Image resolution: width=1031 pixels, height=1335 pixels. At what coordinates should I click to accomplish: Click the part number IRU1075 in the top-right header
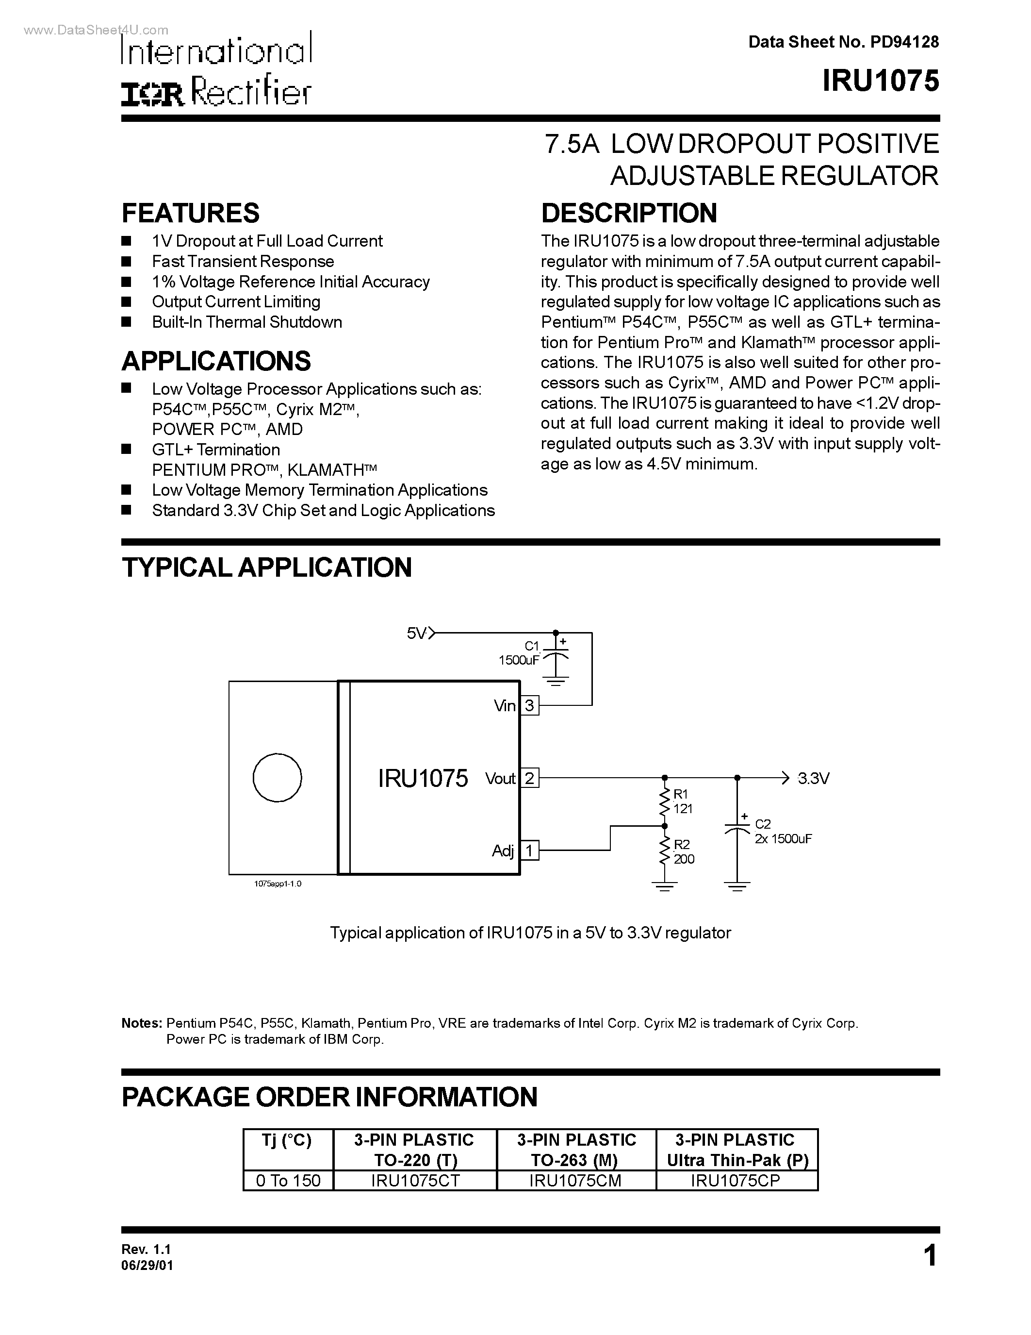(x=880, y=81)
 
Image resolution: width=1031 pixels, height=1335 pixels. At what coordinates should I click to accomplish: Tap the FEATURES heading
(x=191, y=213)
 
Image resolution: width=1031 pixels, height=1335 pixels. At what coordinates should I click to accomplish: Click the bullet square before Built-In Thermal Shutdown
(x=127, y=322)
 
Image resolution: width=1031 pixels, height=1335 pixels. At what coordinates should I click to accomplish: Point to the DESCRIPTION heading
(x=629, y=213)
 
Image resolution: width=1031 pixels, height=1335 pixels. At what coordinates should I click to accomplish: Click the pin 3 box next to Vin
(x=529, y=706)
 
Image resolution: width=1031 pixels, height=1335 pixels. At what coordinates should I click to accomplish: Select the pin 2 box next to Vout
(x=529, y=778)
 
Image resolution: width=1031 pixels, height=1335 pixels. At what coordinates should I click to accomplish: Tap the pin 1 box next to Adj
(x=529, y=850)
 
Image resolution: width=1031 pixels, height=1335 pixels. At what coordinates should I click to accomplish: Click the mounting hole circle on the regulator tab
(x=278, y=778)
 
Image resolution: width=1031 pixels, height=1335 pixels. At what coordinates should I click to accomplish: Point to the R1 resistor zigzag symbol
(x=665, y=802)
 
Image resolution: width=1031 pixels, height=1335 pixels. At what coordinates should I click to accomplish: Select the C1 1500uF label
(x=519, y=653)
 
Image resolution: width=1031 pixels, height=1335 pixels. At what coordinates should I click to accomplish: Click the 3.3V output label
(x=814, y=779)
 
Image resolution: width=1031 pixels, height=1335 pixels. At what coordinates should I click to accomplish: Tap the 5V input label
(x=417, y=633)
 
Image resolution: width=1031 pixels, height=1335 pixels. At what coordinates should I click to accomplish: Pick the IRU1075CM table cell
(x=576, y=1180)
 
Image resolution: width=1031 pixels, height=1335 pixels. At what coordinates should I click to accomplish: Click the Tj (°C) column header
(x=287, y=1140)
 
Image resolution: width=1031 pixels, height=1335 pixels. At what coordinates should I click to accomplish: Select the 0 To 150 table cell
(x=288, y=1180)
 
